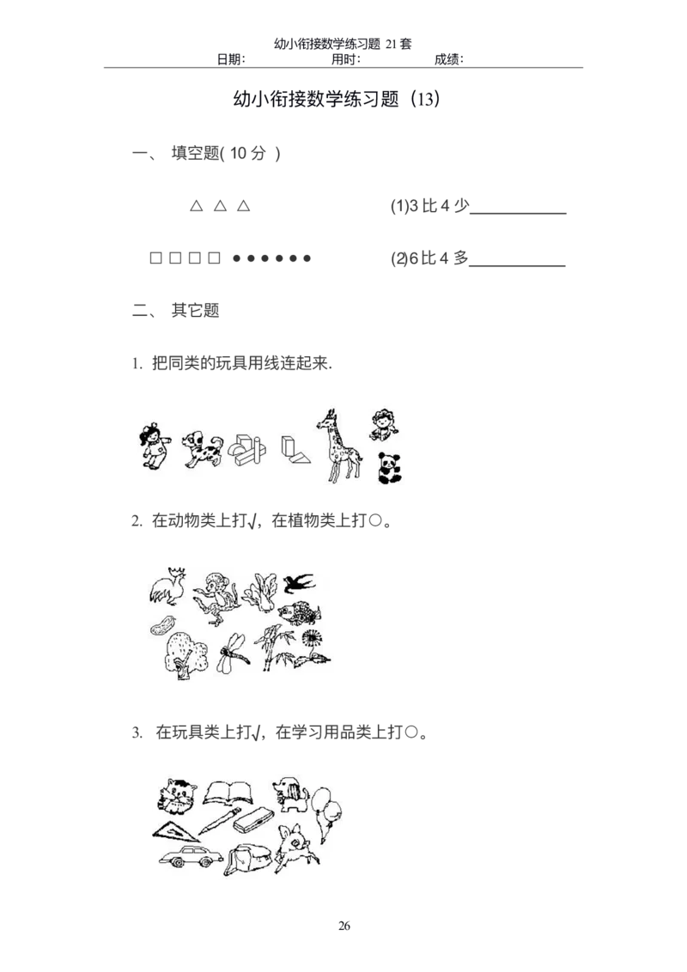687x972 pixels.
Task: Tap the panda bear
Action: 389,469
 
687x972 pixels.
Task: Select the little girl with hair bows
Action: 152,446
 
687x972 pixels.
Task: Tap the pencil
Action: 219,821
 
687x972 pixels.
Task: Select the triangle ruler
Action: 174,829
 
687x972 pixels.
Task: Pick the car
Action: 188,857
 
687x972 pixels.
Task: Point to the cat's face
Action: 177,795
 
